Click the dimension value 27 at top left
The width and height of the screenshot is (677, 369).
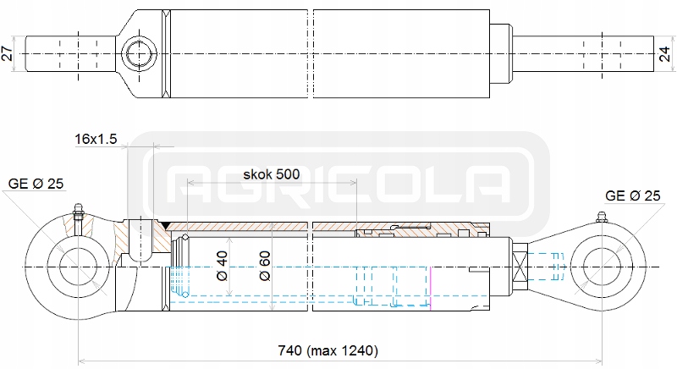(x=8, y=54)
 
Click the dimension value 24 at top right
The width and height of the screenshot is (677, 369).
(x=665, y=54)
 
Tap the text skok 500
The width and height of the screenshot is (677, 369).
(x=271, y=174)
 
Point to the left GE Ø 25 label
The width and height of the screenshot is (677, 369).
(x=36, y=183)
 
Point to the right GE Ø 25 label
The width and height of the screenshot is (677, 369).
(x=631, y=196)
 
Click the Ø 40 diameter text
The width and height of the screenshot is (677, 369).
(x=222, y=267)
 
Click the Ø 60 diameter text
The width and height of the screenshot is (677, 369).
(x=265, y=267)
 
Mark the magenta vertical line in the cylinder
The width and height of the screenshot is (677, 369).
(x=430, y=289)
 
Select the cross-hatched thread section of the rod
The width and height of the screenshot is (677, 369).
(x=520, y=267)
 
